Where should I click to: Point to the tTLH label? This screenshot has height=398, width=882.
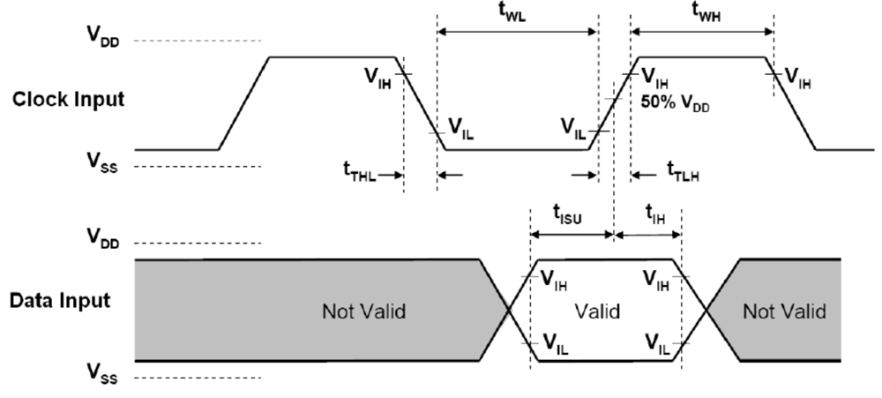click(x=683, y=174)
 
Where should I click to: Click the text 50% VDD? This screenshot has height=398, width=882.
click(x=677, y=102)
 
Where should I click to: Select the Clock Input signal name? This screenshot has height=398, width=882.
click(x=67, y=98)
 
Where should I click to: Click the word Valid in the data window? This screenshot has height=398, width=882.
click(x=598, y=312)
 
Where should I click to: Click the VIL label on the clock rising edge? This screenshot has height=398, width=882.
click(x=573, y=126)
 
